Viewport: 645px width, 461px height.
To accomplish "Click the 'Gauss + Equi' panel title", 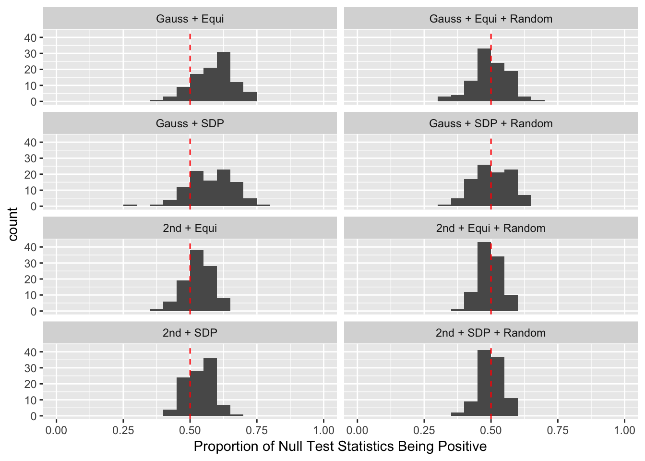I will click(x=190, y=19).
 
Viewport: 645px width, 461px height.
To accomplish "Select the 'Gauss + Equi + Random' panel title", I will click(x=490, y=19).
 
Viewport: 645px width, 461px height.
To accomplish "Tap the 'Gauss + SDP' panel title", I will click(x=190, y=124).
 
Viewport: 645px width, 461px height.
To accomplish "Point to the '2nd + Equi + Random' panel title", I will click(x=490, y=229).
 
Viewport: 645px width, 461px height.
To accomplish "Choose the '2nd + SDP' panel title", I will click(x=190, y=333).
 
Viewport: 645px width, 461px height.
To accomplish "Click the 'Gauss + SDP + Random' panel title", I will click(x=490, y=124).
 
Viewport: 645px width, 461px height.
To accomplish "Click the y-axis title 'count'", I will click(x=13, y=224).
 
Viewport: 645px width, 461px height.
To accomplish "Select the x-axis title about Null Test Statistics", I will click(x=340, y=447).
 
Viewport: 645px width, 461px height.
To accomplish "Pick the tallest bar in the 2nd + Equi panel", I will click(x=197, y=281).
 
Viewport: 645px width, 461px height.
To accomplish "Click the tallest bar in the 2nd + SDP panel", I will click(x=210, y=387).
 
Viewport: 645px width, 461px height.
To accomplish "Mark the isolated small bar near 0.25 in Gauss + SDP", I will click(x=130, y=205).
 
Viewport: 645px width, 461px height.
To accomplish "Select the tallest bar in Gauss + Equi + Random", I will click(x=484, y=75).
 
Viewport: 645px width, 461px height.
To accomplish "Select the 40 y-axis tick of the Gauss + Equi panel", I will click(x=31, y=37).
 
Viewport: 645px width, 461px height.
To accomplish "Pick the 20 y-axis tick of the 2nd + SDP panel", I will click(x=31, y=384).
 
